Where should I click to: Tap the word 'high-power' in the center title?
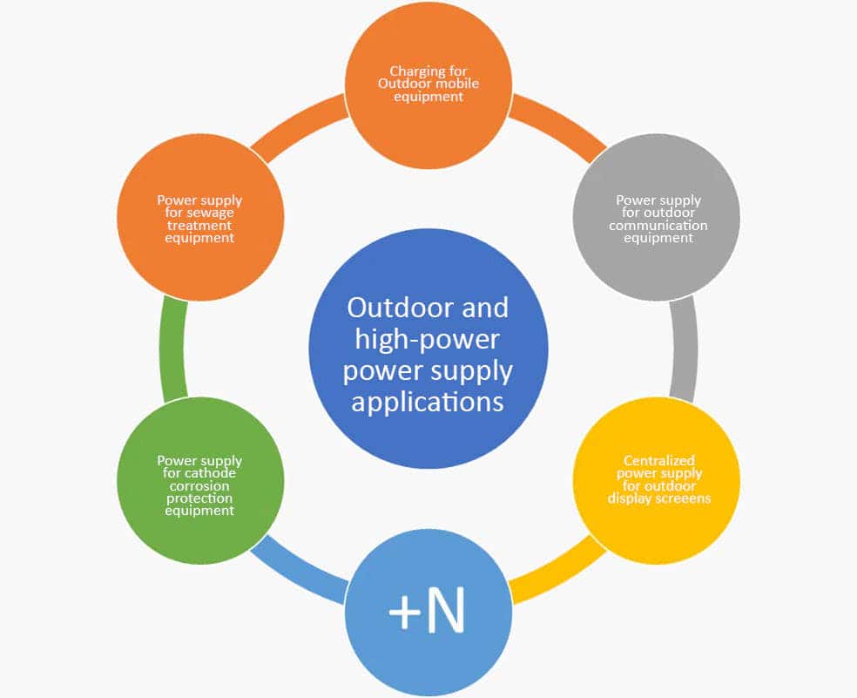(x=428, y=340)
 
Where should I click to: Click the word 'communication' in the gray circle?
(x=658, y=226)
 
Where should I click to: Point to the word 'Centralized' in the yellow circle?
(x=658, y=461)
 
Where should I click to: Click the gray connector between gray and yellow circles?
(x=685, y=349)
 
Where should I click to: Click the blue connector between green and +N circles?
(x=300, y=571)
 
